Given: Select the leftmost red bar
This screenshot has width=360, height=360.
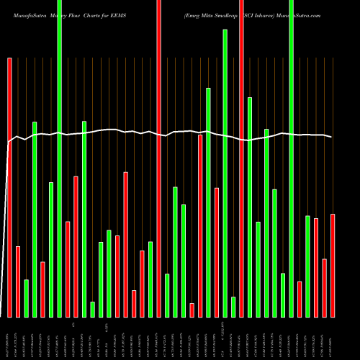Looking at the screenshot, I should coord(10,187).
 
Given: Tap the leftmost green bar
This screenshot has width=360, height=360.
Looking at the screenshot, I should coord(27,298).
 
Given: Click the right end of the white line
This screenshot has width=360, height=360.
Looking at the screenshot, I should coord(332,137).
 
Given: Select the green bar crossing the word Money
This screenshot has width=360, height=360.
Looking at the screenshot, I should coord(60,158).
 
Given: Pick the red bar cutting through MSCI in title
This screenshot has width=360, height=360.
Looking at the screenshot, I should coord(241,158).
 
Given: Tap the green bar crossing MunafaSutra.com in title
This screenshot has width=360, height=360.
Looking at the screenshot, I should coord(291,158).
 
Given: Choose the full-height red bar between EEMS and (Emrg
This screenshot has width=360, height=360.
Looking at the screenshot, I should coord(158,158).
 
